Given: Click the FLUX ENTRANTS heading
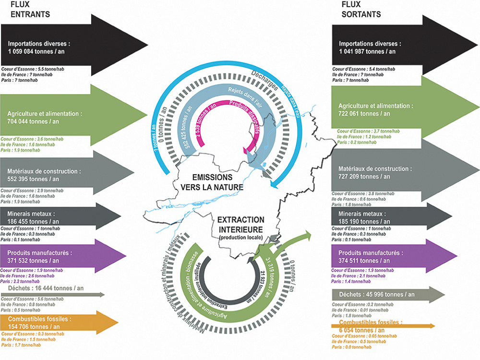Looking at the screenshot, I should (30, 9).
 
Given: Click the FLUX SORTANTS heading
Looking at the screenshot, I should (361, 9).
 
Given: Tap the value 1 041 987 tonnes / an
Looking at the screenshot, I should (368, 51).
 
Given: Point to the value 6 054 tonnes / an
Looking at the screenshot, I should (361, 330).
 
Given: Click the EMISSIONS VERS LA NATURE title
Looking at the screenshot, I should (212, 182).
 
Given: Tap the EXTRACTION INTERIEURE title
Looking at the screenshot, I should (240, 224).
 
